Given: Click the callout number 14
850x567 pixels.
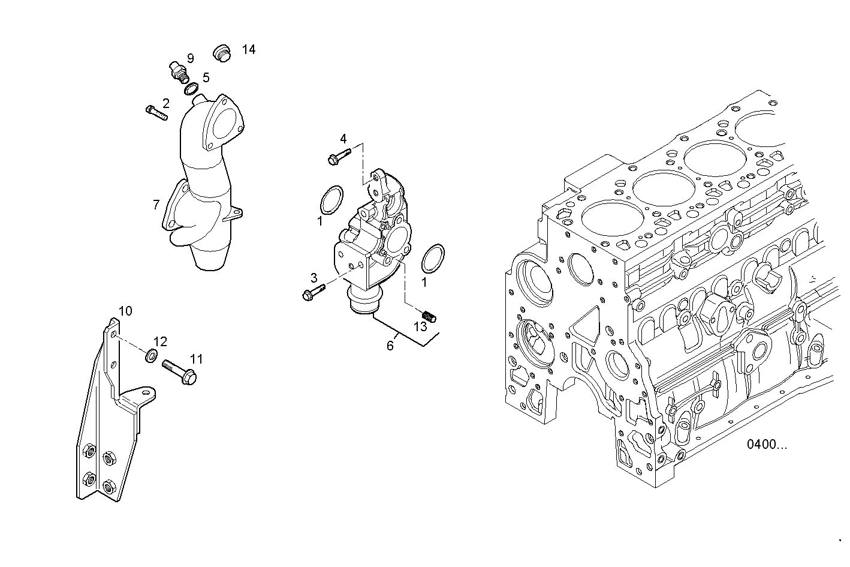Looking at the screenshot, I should point(249,50).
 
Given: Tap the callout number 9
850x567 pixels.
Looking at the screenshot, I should point(190,58).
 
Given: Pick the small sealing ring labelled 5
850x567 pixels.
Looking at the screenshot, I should point(192,89).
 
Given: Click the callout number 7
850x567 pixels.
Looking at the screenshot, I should point(156,205).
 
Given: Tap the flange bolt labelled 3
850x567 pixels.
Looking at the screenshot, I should point(314,292).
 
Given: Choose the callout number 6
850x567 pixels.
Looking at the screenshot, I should point(390,346).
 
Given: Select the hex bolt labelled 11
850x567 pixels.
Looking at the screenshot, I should point(179,371).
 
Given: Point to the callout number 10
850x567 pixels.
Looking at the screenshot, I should point(125,311).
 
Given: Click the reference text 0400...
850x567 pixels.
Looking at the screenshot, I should point(767,445).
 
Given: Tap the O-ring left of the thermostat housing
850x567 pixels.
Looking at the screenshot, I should point(331,199).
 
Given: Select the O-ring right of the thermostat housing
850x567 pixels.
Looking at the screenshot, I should point(433,258).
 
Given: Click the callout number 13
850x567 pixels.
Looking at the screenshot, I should point(420,326).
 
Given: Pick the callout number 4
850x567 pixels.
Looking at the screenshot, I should point(343,139).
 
